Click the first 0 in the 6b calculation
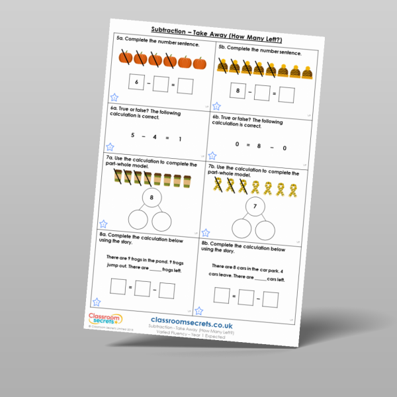click(x=236, y=144)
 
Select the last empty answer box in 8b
click(x=270, y=300)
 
